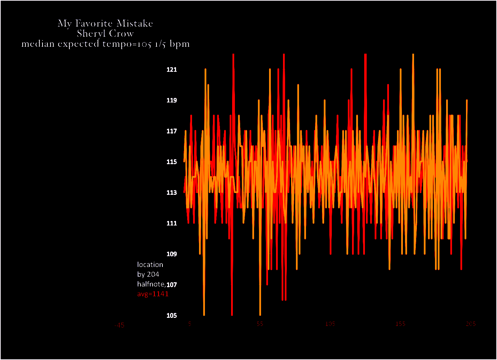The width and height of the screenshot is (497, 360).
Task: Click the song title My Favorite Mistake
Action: tap(105, 23)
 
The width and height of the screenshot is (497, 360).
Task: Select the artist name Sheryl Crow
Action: tap(105, 34)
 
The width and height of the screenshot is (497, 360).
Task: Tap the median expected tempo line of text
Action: tap(105, 44)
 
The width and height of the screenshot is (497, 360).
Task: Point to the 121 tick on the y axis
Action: tap(172, 70)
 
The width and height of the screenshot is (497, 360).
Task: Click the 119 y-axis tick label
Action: tap(172, 100)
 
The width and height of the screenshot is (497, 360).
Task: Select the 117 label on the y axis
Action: tap(172, 131)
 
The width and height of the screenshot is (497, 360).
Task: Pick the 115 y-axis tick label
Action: tap(172, 162)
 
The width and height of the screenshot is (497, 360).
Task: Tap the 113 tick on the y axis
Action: tap(172, 193)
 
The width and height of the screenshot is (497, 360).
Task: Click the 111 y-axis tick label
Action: tap(172, 223)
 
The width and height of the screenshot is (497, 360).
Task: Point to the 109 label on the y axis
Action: tap(172, 254)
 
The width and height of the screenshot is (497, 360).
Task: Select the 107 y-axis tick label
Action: tap(172, 285)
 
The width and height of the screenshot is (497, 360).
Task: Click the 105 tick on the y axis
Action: tap(172, 316)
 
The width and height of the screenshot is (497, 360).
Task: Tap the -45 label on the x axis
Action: tap(119, 325)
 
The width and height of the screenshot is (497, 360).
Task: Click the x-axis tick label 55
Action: tap(260, 324)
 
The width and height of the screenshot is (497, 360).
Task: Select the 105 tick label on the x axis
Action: tap(330, 324)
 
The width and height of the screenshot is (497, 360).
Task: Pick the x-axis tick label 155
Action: tap(400, 324)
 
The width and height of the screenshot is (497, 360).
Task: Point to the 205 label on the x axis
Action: tap(471, 324)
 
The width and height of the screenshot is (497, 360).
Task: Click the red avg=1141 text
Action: tap(153, 294)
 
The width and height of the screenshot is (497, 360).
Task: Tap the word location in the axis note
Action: tap(150, 265)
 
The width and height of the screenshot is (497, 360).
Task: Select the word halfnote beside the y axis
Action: tap(151, 284)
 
